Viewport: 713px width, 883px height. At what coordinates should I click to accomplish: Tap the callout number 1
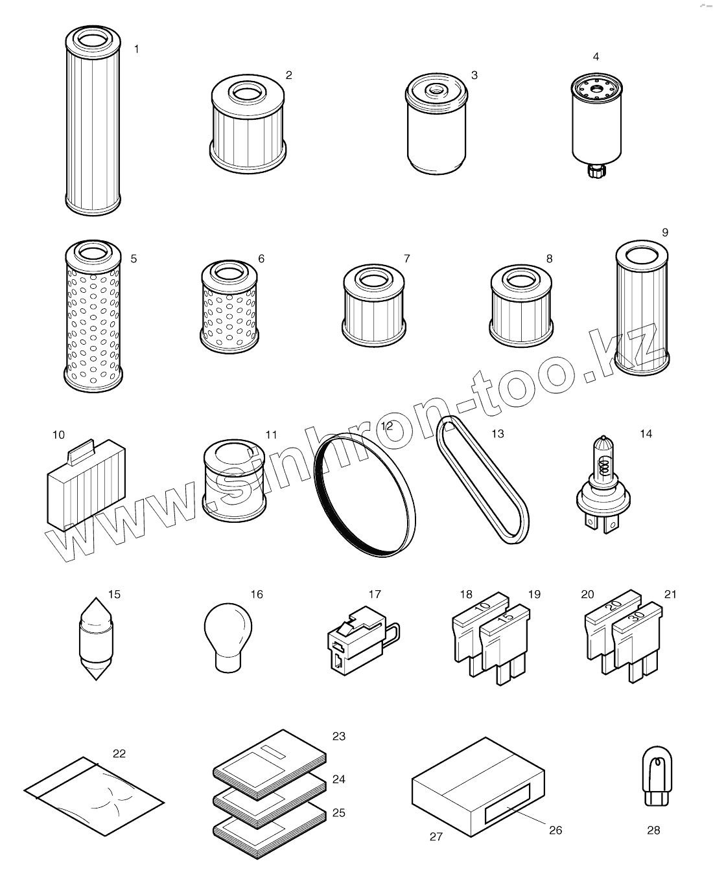coord(137,49)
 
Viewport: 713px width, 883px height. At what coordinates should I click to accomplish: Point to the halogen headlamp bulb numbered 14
coord(603,484)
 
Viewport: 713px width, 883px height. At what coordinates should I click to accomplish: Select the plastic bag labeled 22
coord(94,796)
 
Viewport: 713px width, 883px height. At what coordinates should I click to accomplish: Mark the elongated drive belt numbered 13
coord(483,479)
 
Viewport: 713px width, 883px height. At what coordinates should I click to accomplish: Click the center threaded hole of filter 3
coord(436,89)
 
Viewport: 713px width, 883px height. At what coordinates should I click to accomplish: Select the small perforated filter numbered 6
coord(229,307)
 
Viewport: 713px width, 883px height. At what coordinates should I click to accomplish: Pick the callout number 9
coord(665,233)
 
